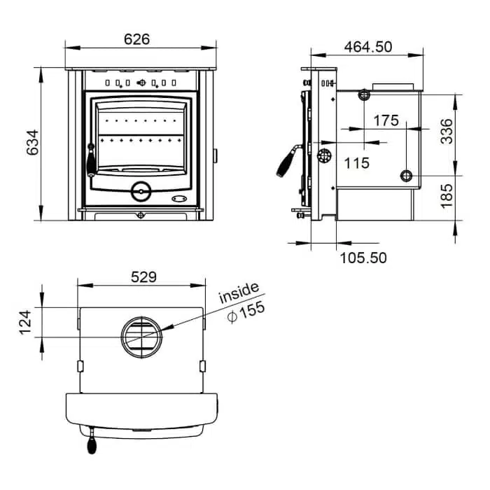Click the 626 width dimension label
pyautogui.click(x=137, y=39)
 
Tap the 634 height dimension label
pyautogui.click(x=32, y=143)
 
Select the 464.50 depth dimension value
pyautogui.click(x=368, y=47)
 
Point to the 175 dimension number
pyautogui.click(x=386, y=120)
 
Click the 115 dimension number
pyautogui.click(x=356, y=163)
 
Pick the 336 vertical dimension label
pyautogui.click(x=447, y=132)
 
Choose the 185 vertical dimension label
pyautogui.click(x=447, y=196)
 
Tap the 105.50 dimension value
pyautogui.click(x=363, y=258)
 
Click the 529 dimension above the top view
pyautogui.click(x=143, y=277)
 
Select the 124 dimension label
pyautogui.click(x=25, y=323)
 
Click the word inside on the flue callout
pyautogui.click(x=239, y=293)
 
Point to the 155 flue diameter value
pyautogui.click(x=246, y=312)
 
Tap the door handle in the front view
pyautogui.click(x=91, y=160)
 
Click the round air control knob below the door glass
pyautogui.click(x=141, y=191)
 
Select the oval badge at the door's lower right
pyautogui.click(x=179, y=199)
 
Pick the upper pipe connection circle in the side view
pyautogui.click(x=364, y=94)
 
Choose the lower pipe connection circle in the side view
pyautogui.click(x=406, y=176)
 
